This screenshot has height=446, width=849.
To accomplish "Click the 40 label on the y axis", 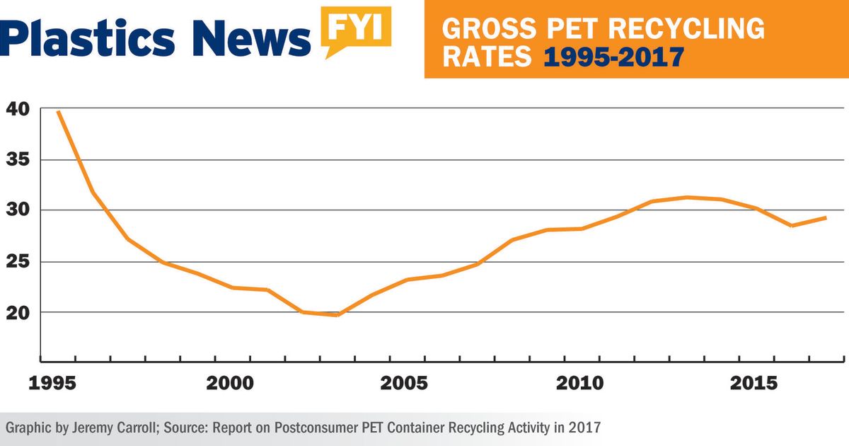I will [17, 109].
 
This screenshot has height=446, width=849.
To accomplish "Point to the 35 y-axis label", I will [17, 160].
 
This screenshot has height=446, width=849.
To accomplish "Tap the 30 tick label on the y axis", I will [17, 211].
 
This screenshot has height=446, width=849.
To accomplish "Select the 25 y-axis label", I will [17, 262].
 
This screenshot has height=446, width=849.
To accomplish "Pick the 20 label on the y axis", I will [17, 313].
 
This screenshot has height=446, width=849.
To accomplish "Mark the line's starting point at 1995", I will [58, 111].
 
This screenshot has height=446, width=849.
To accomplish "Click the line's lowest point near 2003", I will [337, 315].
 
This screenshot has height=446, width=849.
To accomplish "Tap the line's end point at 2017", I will [826, 217].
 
